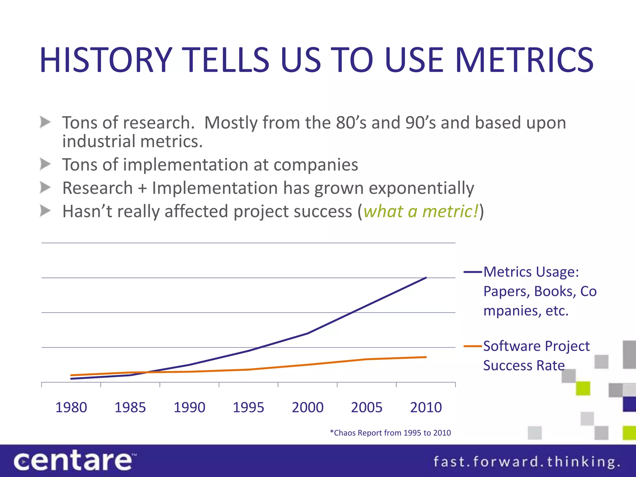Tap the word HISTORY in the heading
106,60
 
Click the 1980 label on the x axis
71,407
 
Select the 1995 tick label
248,407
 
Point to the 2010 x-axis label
426,407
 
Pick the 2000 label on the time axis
308,407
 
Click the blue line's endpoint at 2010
426,278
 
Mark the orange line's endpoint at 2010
426,357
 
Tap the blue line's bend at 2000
308,333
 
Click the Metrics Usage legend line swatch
473,272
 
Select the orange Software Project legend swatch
473,346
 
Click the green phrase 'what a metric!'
421,211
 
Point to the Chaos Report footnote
390,433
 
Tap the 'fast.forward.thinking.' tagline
526,462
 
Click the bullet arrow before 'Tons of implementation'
45,164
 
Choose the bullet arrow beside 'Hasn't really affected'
45,211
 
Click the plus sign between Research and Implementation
143,189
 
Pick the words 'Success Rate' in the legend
524,366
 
